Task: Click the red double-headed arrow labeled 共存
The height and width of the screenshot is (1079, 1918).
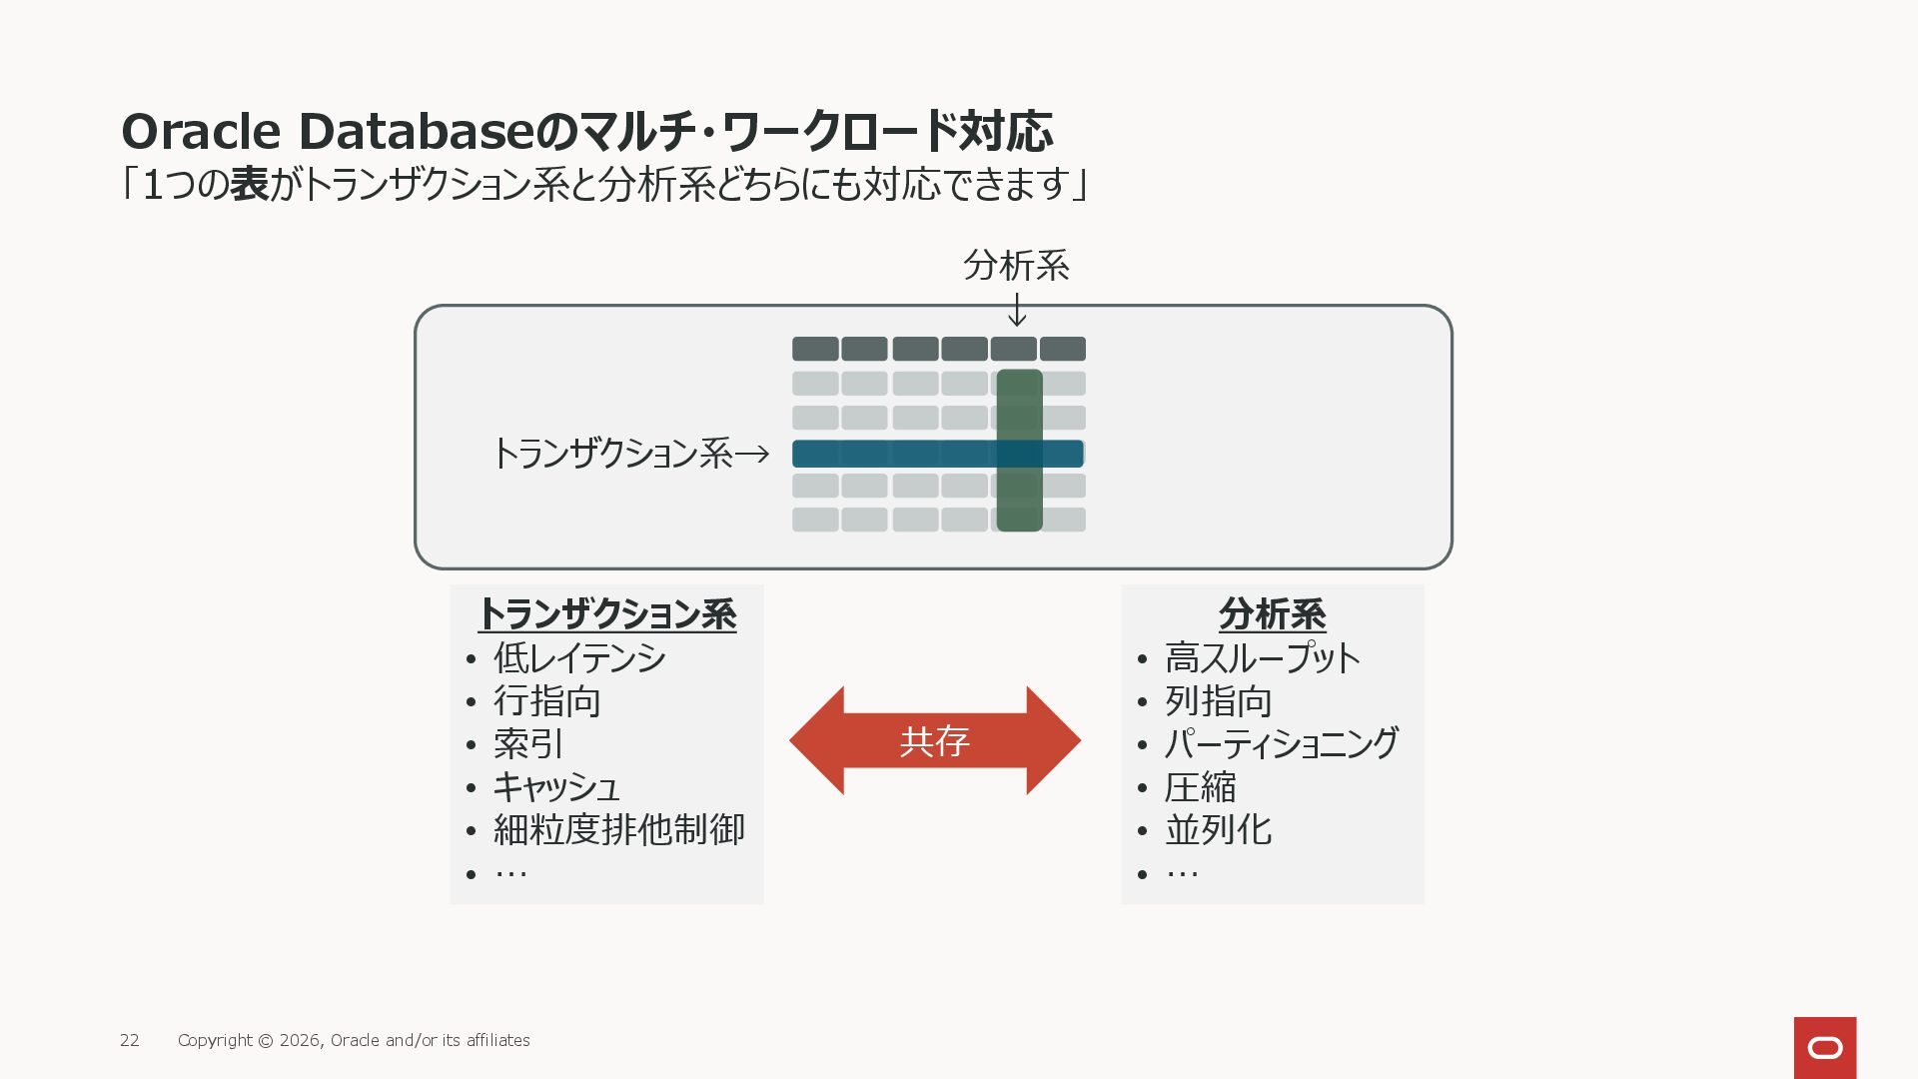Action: (x=934, y=740)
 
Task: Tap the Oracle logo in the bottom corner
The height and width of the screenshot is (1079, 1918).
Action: (x=1824, y=1047)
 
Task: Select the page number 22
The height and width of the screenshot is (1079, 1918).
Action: (x=130, y=1040)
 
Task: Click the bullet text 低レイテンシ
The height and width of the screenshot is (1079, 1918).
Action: (x=579, y=658)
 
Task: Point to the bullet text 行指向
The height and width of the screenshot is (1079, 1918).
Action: (x=547, y=701)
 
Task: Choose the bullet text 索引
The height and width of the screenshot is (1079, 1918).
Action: (x=528, y=744)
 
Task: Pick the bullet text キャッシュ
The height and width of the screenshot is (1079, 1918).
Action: (x=556, y=787)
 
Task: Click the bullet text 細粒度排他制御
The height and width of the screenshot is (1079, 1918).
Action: (x=619, y=830)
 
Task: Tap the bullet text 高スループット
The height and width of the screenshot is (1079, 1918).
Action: (x=1263, y=658)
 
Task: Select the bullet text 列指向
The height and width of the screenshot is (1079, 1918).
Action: (x=1219, y=701)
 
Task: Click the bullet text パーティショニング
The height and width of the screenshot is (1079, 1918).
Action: (x=1282, y=744)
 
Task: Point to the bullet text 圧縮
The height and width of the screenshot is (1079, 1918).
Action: (x=1201, y=787)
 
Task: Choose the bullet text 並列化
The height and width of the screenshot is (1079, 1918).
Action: (x=1219, y=830)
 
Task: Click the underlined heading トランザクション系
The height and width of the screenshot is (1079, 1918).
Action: (x=607, y=613)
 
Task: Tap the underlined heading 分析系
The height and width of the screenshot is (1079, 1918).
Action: (x=1273, y=613)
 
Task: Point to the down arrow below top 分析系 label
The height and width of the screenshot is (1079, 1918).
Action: (x=1017, y=310)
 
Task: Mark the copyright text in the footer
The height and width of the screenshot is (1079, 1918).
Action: (x=354, y=1040)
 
